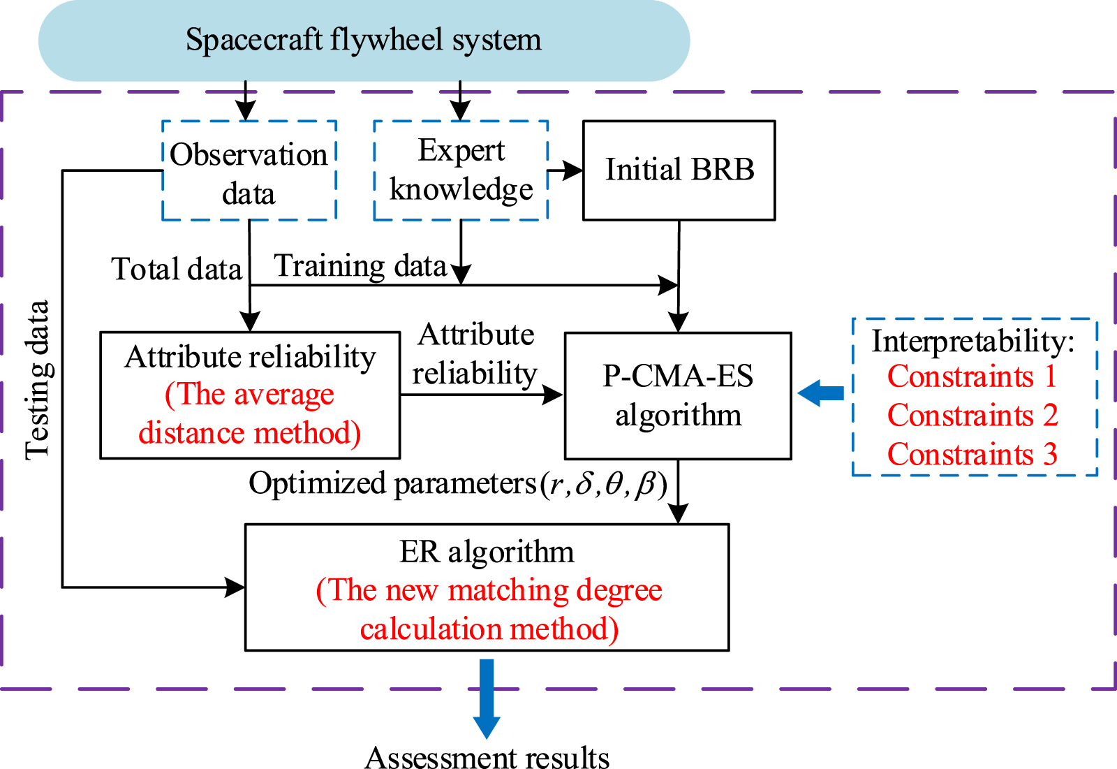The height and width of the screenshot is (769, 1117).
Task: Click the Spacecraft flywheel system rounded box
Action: click(364, 41)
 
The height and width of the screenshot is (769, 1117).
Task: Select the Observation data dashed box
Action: click(249, 171)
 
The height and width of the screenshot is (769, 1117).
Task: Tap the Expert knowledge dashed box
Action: click(461, 170)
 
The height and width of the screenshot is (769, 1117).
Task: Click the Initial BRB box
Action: click(679, 170)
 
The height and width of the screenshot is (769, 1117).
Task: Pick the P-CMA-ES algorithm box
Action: click(678, 395)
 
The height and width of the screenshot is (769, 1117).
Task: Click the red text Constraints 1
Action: click(972, 377)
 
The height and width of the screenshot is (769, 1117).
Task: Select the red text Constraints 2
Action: click(972, 416)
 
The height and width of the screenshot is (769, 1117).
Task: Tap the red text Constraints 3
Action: click(972, 455)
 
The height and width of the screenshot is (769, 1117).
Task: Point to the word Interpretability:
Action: click(972, 342)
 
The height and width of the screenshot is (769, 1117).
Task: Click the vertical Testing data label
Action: click(38, 381)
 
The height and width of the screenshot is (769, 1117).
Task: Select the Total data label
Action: click(177, 269)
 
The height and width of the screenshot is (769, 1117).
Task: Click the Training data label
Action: click(360, 266)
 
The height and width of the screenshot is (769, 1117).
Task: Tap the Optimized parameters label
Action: click(392, 483)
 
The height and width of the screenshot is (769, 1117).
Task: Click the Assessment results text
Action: click(487, 758)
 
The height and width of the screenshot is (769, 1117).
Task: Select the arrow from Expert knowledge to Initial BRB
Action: click(565, 170)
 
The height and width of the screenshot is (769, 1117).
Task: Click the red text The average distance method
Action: click(249, 414)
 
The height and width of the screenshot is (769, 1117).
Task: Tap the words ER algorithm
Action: click(487, 552)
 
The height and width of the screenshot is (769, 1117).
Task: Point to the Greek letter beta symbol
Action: click(646, 483)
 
